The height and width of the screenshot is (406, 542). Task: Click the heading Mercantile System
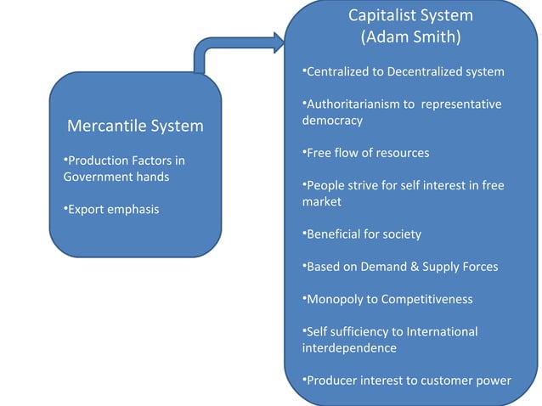[135, 126]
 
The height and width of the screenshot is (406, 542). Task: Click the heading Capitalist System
[410, 15]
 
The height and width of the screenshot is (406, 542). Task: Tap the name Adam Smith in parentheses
[410, 37]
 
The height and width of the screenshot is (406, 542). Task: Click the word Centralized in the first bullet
[339, 71]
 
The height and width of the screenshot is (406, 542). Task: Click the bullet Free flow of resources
[366, 153]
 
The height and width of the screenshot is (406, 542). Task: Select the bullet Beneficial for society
[363, 234]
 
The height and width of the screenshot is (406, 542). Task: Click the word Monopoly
[336, 299]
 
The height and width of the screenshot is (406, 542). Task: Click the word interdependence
[349, 347]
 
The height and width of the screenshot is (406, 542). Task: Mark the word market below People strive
[322, 201]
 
